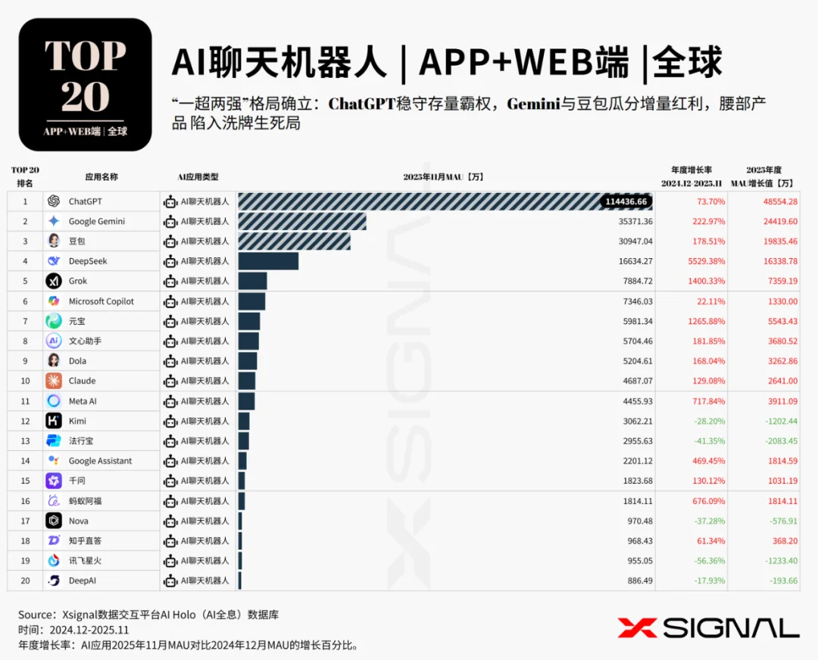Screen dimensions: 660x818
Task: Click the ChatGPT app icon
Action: pyautogui.click(x=53, y=201)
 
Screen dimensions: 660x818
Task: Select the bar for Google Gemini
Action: pyautogui.click(x=301, y=221)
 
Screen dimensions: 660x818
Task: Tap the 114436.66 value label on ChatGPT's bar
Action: pyautogui.click(x=625, y=201)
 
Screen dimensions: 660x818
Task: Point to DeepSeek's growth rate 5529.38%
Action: pyautogui.click(x=704, y=261)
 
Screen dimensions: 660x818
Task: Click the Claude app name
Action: pyautogui.click(x=82, y=381)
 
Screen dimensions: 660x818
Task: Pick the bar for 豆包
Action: pyautogui.click(x=294, y=241)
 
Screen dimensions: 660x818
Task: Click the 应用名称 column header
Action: pyautogui.click(x=101, y=176)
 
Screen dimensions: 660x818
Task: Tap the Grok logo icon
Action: pyautogui.click(x=53, y=281)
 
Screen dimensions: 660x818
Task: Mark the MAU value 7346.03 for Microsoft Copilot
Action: pyautogui.click(x=636, y=301)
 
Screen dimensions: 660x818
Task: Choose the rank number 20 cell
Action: pyautogui.click(x=25, y=581)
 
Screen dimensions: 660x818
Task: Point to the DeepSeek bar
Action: pyautogui.click(x=268, y=261)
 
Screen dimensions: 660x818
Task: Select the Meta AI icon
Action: pyautogui.click(x=53, y=401)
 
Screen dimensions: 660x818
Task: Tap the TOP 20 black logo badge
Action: pyautogui.click(x=85, y=85)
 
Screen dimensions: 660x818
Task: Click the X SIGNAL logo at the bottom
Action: pyautogui.click(x=708, y=627)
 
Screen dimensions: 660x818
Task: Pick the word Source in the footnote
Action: pyautogui.click(x=36, y=615)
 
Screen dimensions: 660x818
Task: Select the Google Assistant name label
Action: pyautogui.click(x=100, y=461)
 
